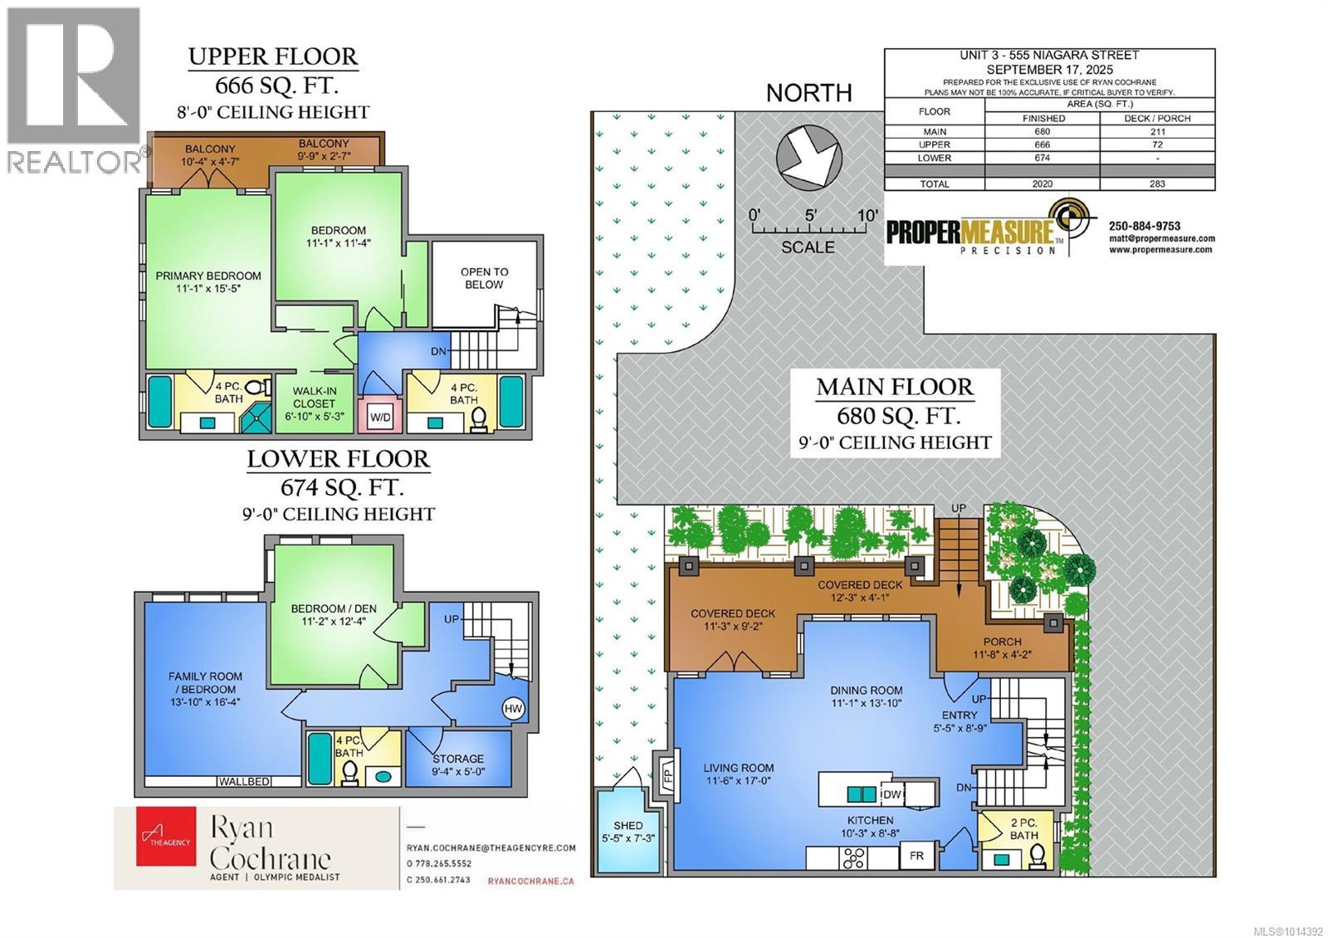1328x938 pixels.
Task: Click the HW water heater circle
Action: point(513,708)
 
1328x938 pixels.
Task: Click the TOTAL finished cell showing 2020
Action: point(1042,183)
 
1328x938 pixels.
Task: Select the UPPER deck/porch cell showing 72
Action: point(1158,144)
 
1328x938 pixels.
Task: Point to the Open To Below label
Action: point(484,278)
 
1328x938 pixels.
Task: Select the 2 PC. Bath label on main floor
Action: point(1024,829)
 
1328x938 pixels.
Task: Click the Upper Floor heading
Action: point(273,56)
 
